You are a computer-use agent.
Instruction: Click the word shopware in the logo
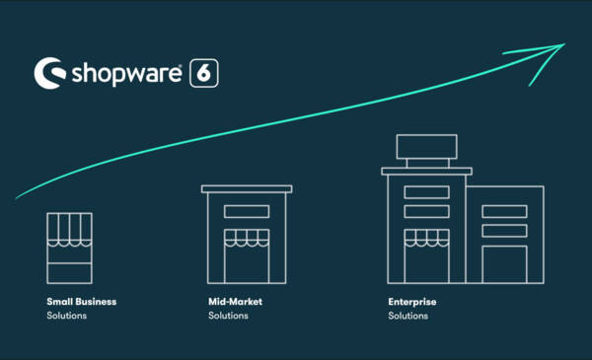pos(125,73)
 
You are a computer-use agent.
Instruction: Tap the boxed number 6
pos(204,73)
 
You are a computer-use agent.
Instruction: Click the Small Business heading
pos(81,302)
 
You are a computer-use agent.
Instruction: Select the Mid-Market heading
pos(236,302)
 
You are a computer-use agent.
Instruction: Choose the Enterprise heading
pos(412,302)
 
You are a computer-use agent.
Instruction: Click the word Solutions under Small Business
pos(67,316)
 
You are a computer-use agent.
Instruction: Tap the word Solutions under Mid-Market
pos(229,316)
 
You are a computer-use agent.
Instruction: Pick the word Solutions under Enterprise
pos(408,316)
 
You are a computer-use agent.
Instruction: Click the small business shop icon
pos(69,248)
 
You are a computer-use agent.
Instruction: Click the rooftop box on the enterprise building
pos(426,147)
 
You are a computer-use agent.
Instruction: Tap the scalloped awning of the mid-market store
pos(247,237)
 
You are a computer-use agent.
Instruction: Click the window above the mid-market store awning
pos(247,210)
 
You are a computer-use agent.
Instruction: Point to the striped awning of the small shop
pos(69,229)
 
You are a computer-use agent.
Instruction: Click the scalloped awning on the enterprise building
pos(426,237)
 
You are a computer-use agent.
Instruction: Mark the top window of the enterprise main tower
pos(426,192)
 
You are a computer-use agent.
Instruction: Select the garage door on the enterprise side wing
pos(504,263)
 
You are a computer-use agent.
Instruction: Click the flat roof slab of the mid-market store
pos(247,188)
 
